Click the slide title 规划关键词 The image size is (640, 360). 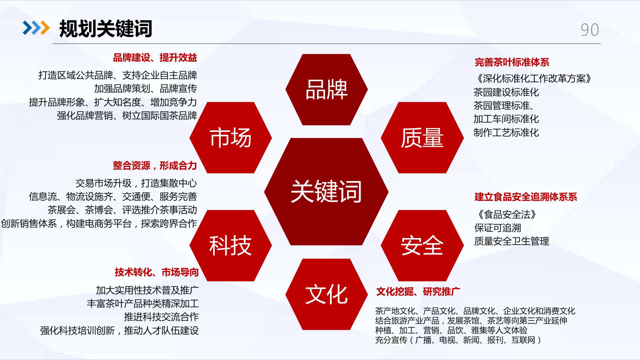click(106, 29)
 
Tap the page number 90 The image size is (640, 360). click(590, 30)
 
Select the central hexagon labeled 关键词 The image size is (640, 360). click(326, 192)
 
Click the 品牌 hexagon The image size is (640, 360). click(327, 90)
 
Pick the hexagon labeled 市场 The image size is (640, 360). click(231, 138)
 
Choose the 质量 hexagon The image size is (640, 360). click(422, 138)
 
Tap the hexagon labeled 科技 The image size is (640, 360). click(231, 246)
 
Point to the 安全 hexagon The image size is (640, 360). click(422, 246)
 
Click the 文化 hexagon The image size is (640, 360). click(327, 294)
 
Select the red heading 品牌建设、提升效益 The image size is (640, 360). click(155, 58)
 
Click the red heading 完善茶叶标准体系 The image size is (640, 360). click(512, 62)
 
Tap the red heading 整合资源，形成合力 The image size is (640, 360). click(155, 166)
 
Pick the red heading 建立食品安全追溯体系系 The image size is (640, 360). click(526, 197)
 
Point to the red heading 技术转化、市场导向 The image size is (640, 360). click(157, 272)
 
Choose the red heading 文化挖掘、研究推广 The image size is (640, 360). click(418, 292)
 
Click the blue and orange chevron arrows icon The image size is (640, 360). click(36, 28)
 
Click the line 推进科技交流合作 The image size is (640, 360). click(161, 317)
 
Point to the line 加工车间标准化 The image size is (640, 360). click(506, 119)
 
